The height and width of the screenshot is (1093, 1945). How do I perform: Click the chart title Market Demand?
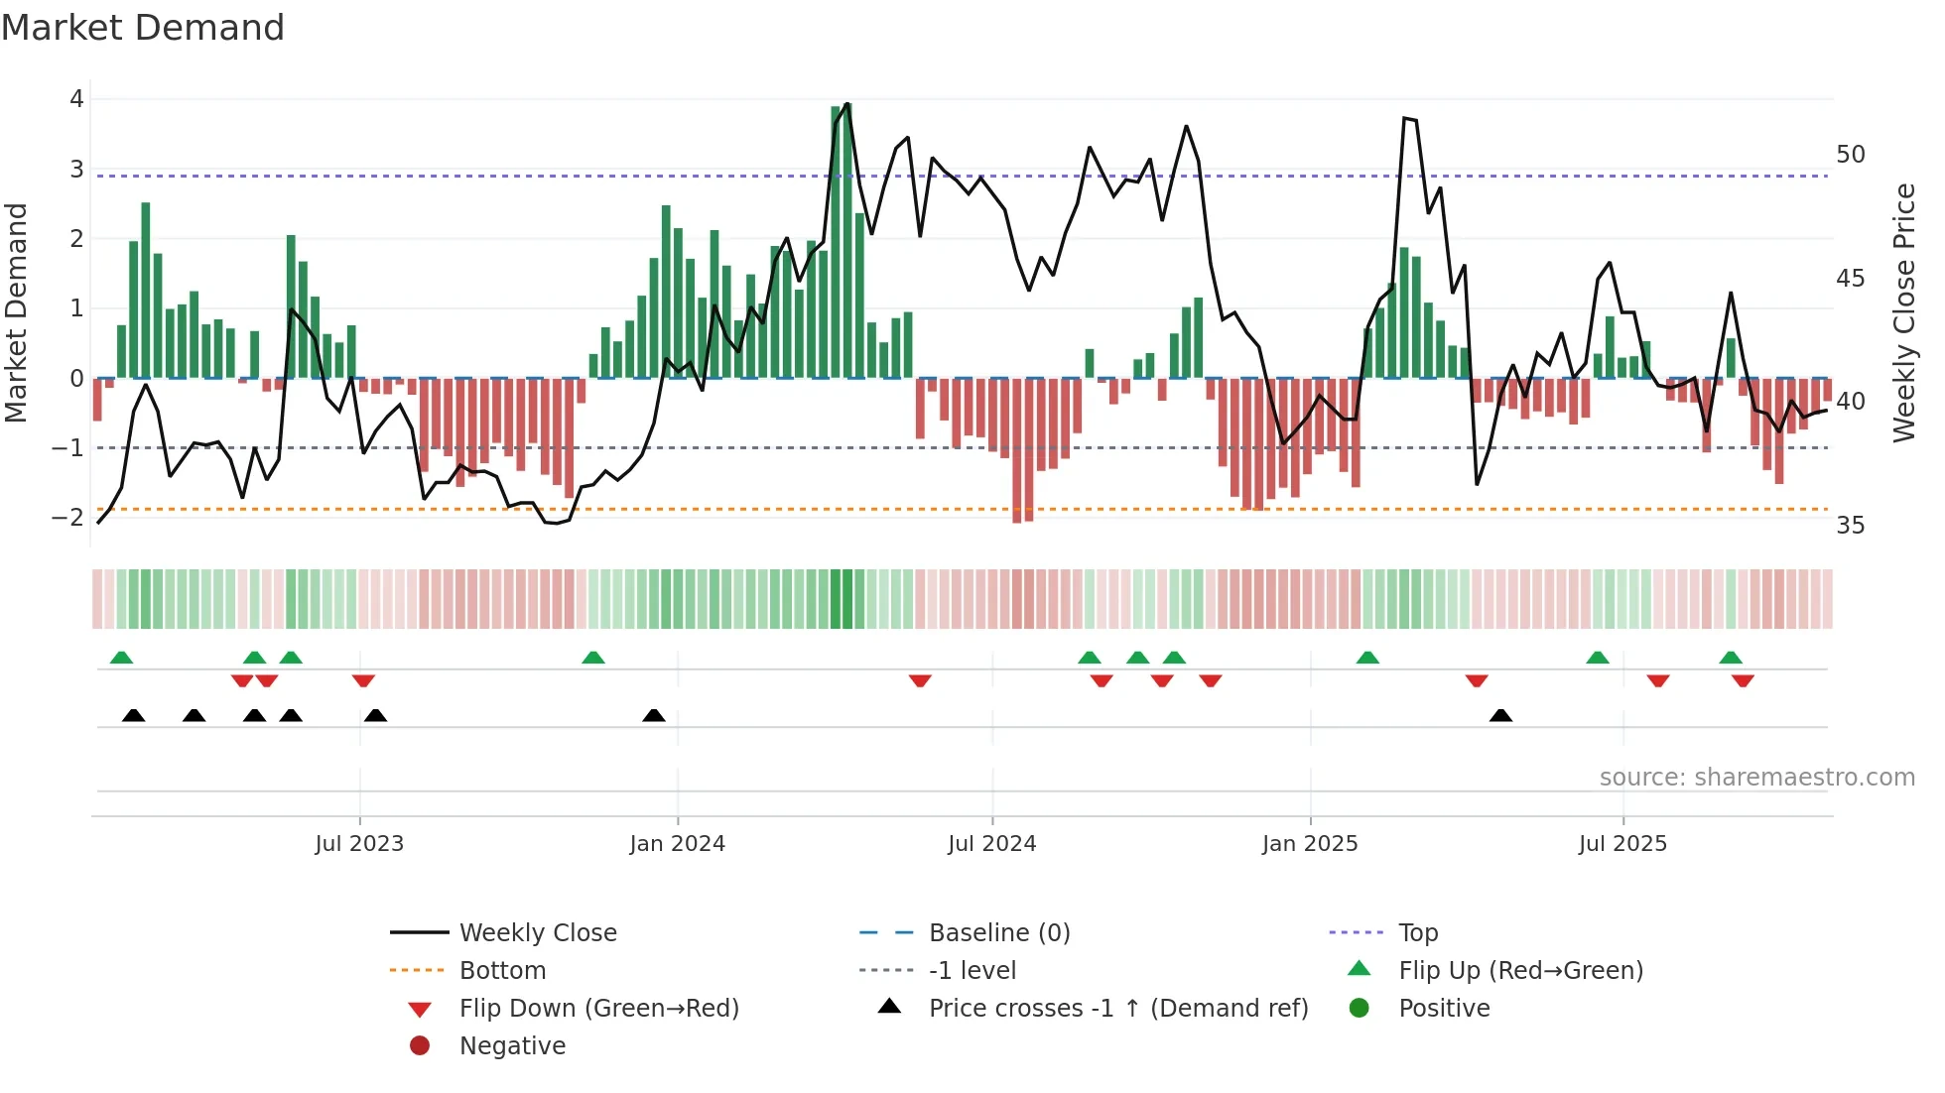pos(143,28)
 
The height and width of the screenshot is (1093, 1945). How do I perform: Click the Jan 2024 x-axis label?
pos(677,844)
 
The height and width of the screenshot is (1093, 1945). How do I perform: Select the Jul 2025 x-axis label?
pos(1622,844)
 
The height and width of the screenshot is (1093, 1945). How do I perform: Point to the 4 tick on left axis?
pos(76,99)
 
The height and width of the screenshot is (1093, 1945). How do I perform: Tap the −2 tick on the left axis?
pos(68,518)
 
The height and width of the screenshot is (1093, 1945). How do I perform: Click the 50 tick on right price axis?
pos(1850,155)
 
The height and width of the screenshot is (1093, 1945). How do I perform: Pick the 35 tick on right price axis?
pos(1850,526)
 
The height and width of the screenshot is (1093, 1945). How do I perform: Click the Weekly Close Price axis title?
pos(1903,312)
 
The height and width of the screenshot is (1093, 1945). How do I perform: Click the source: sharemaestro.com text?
pos(1756,778)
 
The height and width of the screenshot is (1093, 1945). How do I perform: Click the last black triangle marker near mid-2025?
pos(1500,716)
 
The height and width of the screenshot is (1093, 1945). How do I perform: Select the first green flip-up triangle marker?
pos(121,658)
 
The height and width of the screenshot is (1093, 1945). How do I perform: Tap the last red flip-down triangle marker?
pos(1743,680)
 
